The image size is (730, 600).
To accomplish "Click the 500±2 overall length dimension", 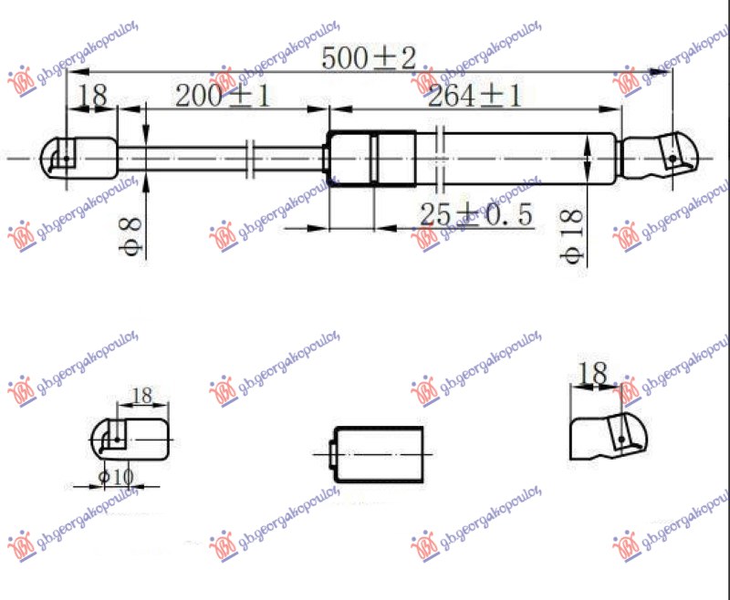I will pyautogui.click(x=370, y=59).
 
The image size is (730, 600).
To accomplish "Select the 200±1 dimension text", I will pyautogui.click(x=223, y=96).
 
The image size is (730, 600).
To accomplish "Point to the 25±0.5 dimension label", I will pyautogui.click(x=476, y=215).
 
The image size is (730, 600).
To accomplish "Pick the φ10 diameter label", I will pyautogui.click(x=117, y=476).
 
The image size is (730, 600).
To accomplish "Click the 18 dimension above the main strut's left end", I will pyautogui.click(x=92, y=95).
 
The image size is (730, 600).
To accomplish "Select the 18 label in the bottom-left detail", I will pyautogui.click(x=142, y=397).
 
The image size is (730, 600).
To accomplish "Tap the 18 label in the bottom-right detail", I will pyautogui.click(x=592, y=374).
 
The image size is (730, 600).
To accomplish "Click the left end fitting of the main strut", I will pyautogui.click(x=80, y=159).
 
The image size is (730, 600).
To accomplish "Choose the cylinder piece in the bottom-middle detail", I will pyautogui.click(x=379, y=453).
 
